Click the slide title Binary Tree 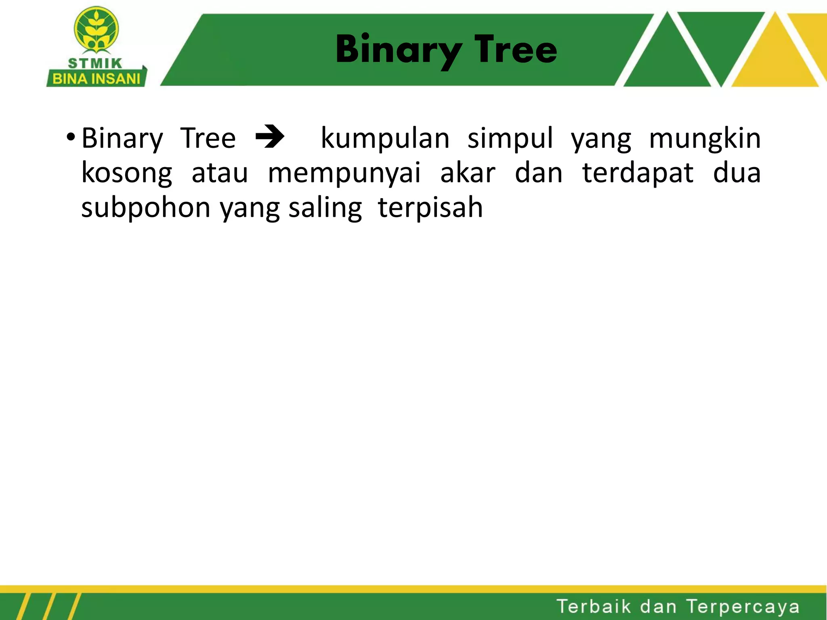(x=446, y=49)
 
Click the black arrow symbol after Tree (x=270, y=138)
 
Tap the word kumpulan (x=385, y=138)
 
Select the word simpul (x=510, y=138)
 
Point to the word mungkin (x=704, y=138)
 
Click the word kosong (x=127, y=173)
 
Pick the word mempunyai (x=344, y=173)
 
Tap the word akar (x=467, y=173)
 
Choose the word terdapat (x=638, y=173)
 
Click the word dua (x=737, y=173)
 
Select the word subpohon (x=145, y=208)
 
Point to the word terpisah (x=430, y=208)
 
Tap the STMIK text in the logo (x=95, y=63)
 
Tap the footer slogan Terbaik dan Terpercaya (x=678, y=607)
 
